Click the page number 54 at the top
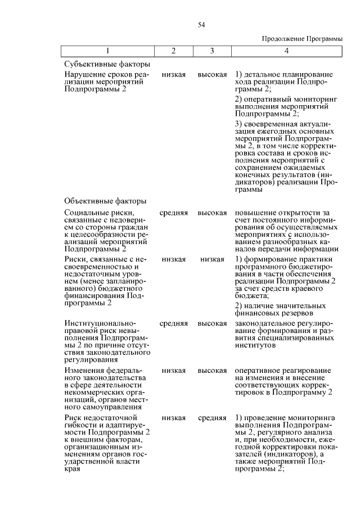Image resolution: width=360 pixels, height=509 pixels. tap(201, 25)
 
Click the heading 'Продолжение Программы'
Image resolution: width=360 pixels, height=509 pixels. tap(302, 38)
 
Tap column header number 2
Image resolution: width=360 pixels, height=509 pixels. tap(173, 51)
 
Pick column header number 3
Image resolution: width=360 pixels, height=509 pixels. tap(212, 51)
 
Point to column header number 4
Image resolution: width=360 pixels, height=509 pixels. tap(287, 51)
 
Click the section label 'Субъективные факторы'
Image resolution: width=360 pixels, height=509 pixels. tap(107, 64)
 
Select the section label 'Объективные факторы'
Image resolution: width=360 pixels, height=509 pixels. tap(106, 201)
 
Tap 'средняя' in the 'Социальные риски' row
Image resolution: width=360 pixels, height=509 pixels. tap(173, 213)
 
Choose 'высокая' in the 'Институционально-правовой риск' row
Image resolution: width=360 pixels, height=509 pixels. tap(212, 324)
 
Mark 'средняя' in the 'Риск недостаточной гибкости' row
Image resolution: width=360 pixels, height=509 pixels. tap(212, 418)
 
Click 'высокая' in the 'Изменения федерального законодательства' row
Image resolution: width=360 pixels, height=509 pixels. tap(212, 371)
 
